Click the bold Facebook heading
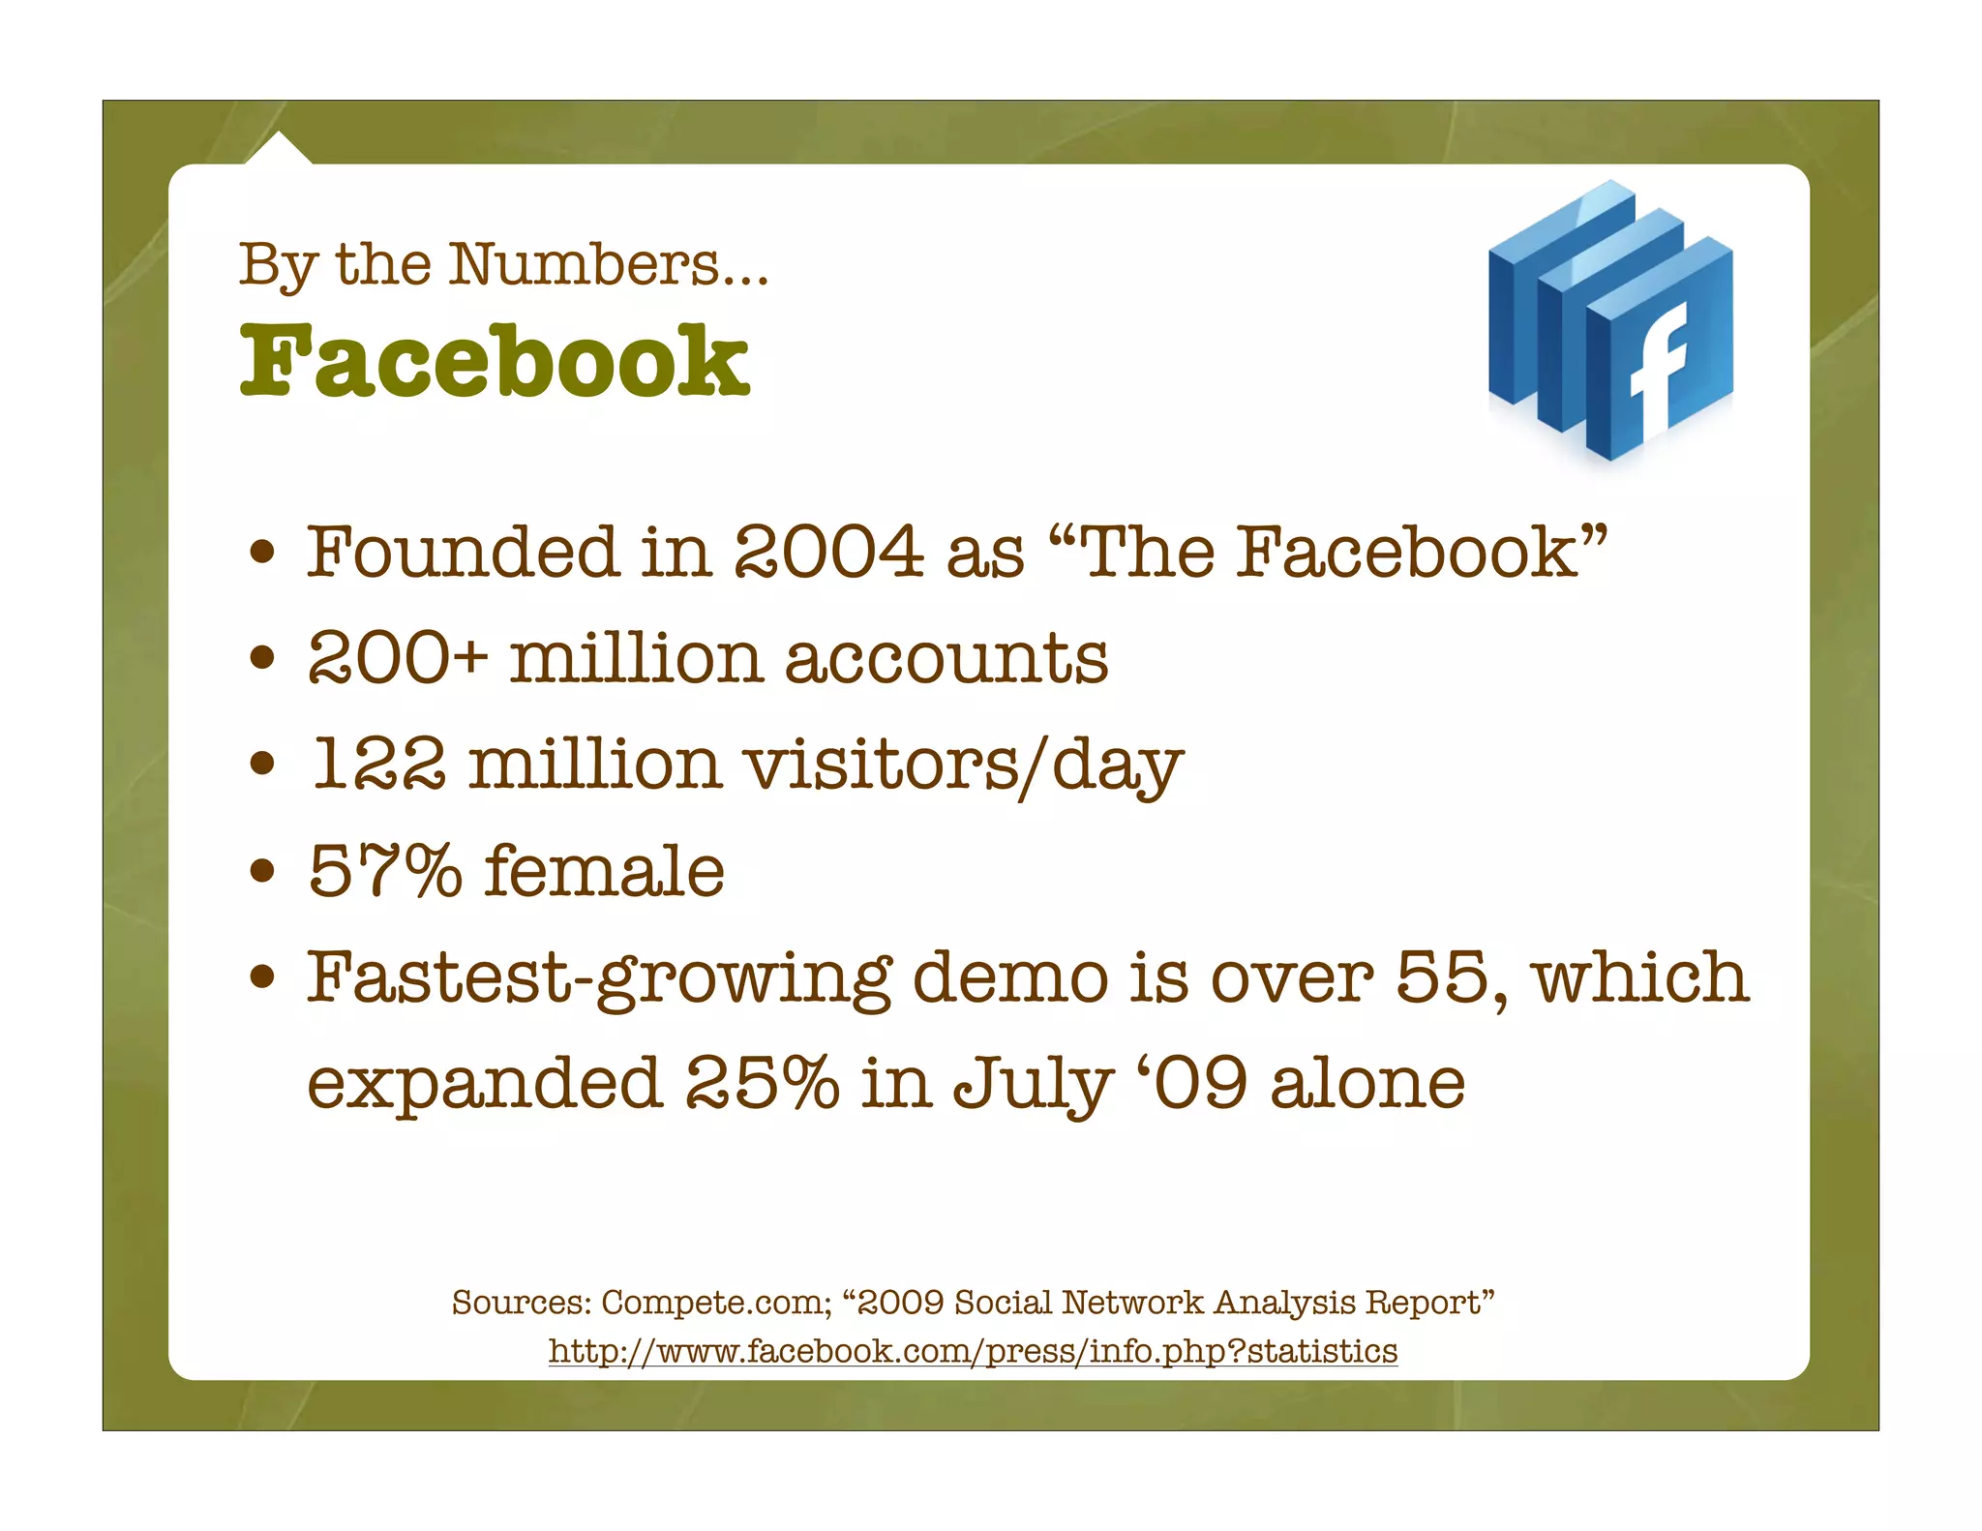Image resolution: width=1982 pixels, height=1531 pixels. click(495, 360)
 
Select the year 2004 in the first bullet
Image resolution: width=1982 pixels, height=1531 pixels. click(828, 552)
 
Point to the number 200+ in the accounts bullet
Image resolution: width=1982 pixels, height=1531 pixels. click(398, 658)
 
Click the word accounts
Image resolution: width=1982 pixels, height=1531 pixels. click(946, 658)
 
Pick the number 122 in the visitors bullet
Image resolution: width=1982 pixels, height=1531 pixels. click(378, 765)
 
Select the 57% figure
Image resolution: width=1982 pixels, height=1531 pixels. click(385, 870)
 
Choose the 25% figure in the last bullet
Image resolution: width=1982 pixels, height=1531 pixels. click(763, 1083)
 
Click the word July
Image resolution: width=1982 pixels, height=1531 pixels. click(1032, 1085)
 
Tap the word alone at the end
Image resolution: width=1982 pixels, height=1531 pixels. click(1367, 1083)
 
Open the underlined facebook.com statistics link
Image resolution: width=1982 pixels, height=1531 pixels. click(973, 1350)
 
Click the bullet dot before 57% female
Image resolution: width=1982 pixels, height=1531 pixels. click(263, 870)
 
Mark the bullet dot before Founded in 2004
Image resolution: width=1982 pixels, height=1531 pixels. click(263, 553)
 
